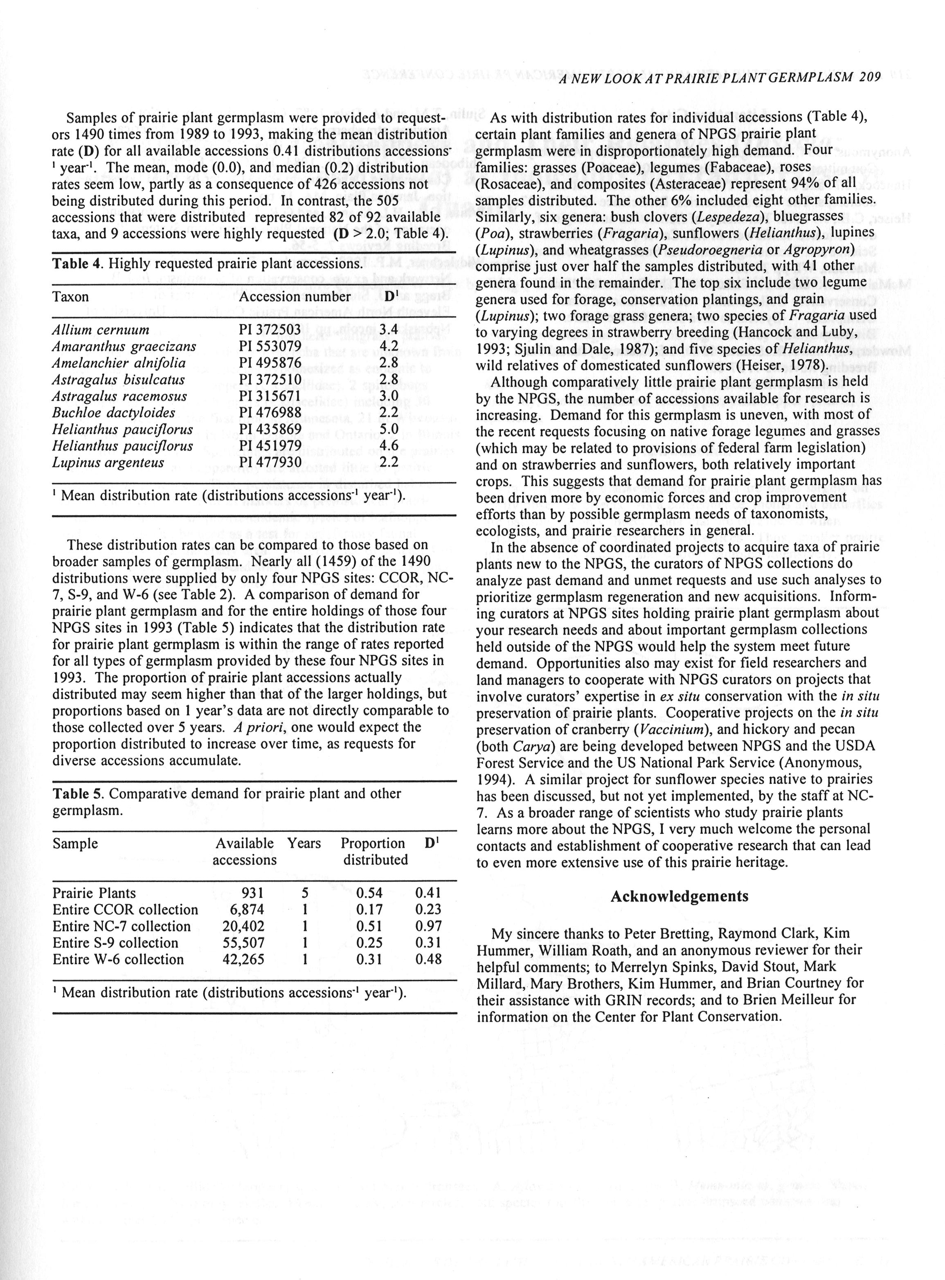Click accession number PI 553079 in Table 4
click(x=270, y=346)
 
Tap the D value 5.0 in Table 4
click(x=389, y=430)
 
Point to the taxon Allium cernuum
click(x=101, y=330)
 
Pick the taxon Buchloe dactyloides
click(x=114, y=413)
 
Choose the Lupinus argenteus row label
click(x=108, y=463)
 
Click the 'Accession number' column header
click(x=295, y=297)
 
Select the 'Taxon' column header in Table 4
click(x=70, y=297)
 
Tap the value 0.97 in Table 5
click(x=428, y=926)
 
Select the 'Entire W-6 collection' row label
click(x=118, y=959)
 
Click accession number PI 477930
click(x=270, y=463)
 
